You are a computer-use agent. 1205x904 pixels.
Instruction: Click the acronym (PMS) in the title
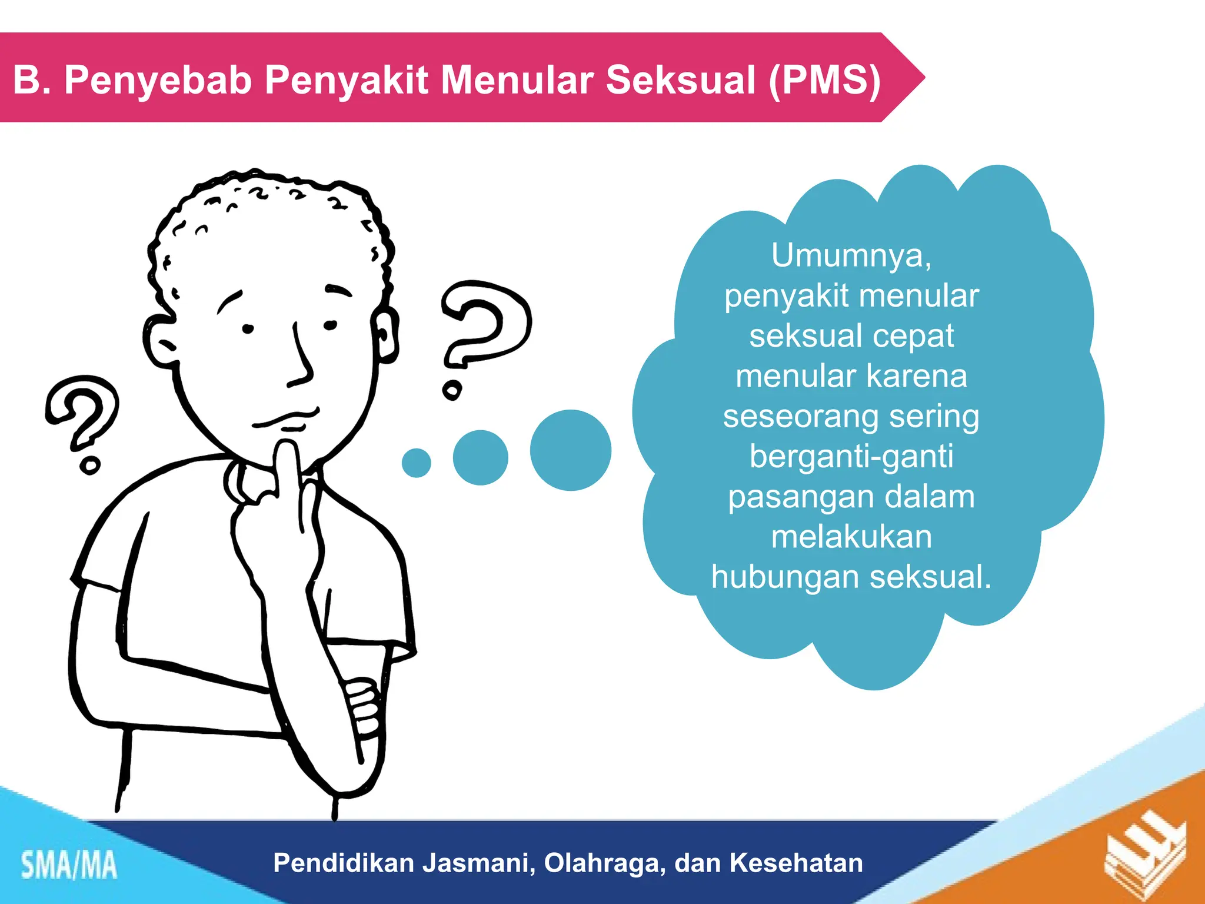825,79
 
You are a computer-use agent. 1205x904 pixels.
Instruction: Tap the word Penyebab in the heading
158,79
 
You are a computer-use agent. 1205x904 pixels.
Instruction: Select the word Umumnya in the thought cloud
851,255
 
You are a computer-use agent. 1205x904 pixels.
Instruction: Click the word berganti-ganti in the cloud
851,456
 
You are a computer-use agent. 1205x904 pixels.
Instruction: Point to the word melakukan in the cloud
851,537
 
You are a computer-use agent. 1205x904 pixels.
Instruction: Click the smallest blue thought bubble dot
417,463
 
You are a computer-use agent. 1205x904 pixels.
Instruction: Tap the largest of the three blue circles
570,450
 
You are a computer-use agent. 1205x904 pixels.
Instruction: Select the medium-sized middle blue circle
480,457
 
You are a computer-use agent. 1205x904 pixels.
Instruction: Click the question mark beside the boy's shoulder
82,418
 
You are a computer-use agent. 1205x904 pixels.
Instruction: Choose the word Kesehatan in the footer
796,863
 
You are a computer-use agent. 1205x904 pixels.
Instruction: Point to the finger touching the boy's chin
288,465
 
